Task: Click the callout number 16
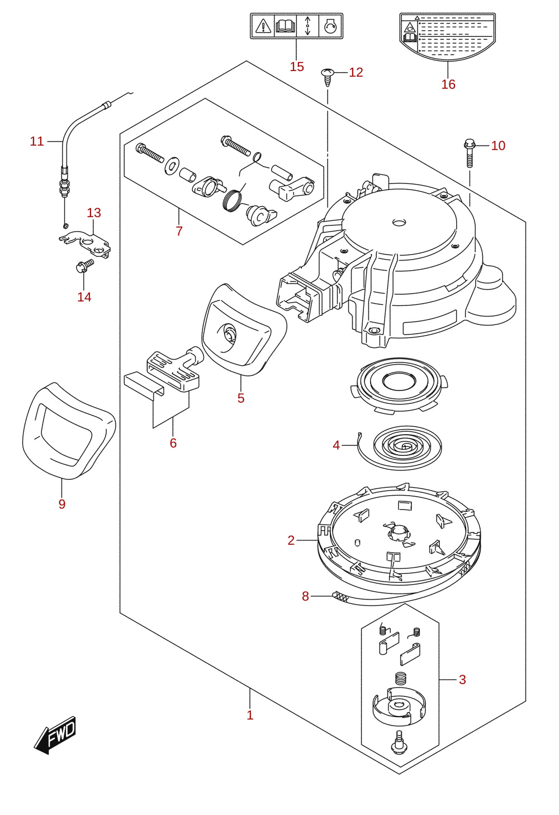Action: coord(448,84)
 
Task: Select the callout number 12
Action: coord(356,72)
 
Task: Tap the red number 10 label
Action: coord(498,145)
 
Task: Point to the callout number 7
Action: coord(179,231)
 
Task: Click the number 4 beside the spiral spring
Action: coord(336,445)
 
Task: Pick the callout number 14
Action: coord(84,297)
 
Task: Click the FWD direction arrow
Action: coord(55,735)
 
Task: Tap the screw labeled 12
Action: coord(328,77)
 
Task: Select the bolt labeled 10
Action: coord(470,153)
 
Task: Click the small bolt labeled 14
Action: coord(84,266)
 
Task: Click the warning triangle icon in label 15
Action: coord(263,26)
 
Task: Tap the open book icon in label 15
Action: coord(286,26)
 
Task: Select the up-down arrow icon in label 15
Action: coord(307,26)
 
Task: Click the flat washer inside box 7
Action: coord(172,166)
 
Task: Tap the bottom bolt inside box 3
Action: coord(399,742)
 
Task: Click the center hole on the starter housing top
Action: coord(399,222)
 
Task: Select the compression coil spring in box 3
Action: coord(400,679)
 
